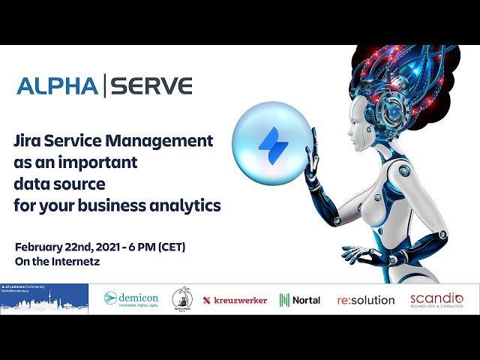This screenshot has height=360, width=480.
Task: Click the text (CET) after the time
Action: pos(169,247)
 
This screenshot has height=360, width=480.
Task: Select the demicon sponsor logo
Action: pos(131,299)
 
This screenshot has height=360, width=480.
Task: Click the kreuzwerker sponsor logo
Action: pos(235,300)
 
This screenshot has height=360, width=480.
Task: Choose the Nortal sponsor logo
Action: pos(300,300)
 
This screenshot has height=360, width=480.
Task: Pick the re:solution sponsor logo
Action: pos(366,300)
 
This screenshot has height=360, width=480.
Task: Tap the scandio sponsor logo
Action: pos(436,299)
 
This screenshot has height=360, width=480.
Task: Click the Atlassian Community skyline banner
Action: pos(44,299)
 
